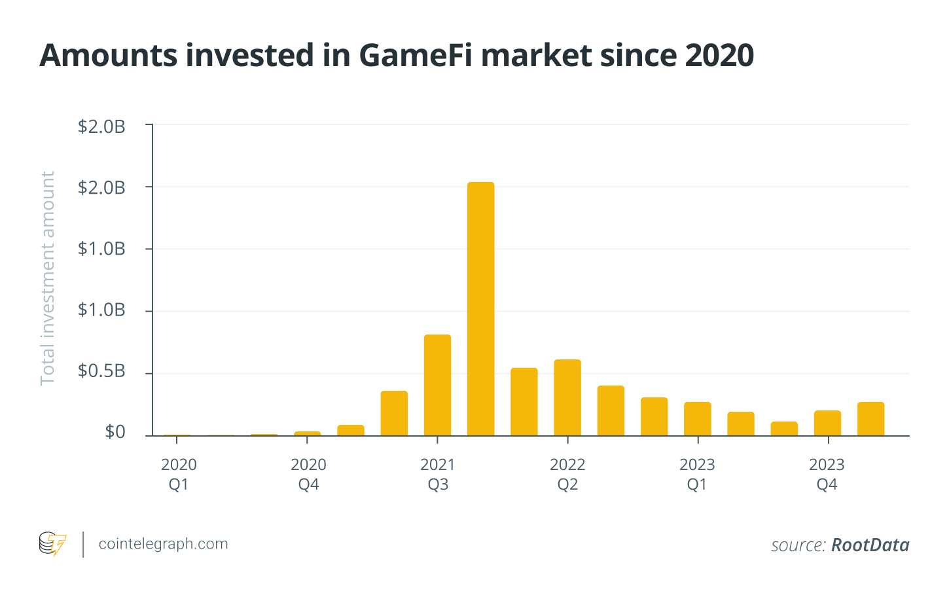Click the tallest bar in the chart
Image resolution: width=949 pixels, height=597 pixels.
pyautogui.click(x=480, y=308)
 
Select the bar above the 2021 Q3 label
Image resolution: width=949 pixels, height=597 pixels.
pyautogui.click(x=437, y=385)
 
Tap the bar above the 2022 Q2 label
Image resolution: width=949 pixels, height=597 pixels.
pyautogui.click(x=567, y=397)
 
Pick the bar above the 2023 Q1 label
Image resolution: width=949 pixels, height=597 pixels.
pyautogui.click(x=697, y=419)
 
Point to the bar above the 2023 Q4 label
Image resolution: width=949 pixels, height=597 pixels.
pyautogui.click(x=827, y=423)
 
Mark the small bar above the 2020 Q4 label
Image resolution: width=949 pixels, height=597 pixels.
pyautogui.click(x=308, y=433)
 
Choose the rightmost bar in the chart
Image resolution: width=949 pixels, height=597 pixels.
pyautogui.click(x=870, y=419)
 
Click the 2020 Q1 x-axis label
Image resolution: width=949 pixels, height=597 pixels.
pyautogui.click(x=179, y=474)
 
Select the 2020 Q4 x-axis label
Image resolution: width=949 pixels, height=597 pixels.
pyautogui.click(x=308, y=474)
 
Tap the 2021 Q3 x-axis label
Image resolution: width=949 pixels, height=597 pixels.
pyautogui.click(x=438, y=474)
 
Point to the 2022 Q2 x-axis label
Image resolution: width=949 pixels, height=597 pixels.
pyautogui.click(x=567, y=474)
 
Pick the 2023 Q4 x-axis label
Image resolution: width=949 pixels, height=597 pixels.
pyautogui.click(x=827, y=474)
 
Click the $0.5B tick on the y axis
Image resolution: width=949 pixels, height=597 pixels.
pyautogui.click(x=101, y=371)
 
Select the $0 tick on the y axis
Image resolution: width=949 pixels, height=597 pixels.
pyautogui.click(x=115, y=432)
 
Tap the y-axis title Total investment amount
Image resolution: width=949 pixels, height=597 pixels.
pyautogui.click(x=48, y=278)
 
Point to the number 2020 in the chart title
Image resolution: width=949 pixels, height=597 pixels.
pyautogui.click(x=719, y=56)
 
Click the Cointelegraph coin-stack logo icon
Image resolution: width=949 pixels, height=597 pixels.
pyautogui.click(x=52, y=544)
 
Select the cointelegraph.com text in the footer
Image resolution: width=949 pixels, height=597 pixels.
pyautogui.click(x=163, y=544)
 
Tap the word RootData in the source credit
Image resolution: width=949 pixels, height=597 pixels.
pyautogui.click(x=870, y=545)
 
